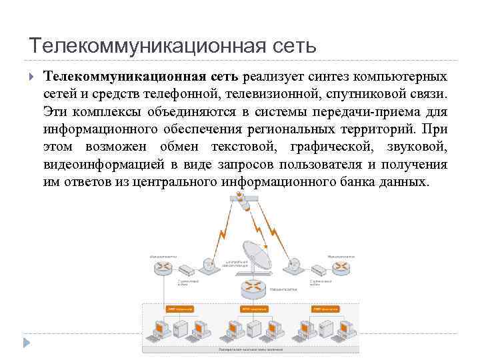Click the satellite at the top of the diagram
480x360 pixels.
[x=237, y=198]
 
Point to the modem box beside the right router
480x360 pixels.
[x=319, y=269]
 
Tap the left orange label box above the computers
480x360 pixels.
[x=179, y=309]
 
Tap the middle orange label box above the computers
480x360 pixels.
[x=255, y=309]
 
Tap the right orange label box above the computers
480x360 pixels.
[x=327, y=309]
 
